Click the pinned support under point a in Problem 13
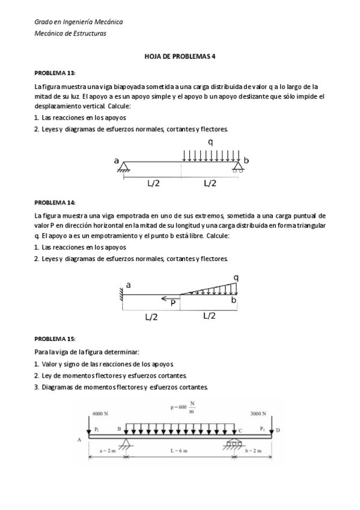click(125, 168)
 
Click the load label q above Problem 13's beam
click(210, 142)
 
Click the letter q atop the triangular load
click(236, 277)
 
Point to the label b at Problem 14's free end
click(234, 299)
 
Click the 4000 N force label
click(100, 414)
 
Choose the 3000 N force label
click(258, 414)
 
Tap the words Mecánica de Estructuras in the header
click(70, 34)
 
